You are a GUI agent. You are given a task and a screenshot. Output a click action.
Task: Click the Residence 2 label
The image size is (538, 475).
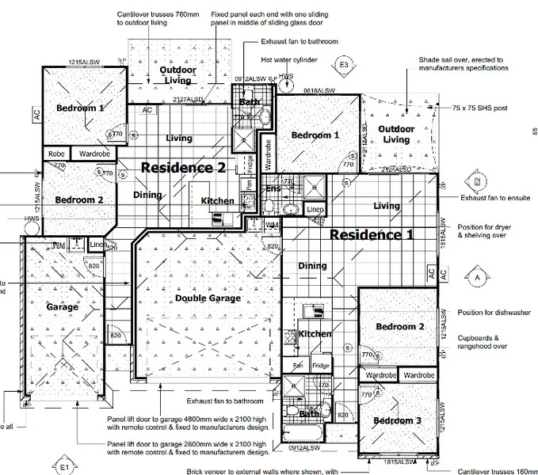(183, 167)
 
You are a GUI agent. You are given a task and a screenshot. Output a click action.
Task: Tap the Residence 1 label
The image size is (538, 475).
(372, 234)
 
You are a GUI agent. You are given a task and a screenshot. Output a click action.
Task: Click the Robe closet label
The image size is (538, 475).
(55, 154)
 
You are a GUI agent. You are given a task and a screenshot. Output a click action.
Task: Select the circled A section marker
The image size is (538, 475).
(477, 278)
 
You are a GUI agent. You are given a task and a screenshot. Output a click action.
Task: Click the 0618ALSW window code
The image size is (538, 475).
(320, 91)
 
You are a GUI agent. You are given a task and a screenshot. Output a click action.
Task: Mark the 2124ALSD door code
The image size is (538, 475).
(394, 169)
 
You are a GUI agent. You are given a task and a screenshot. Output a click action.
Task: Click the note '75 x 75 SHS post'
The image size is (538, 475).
(479, 108)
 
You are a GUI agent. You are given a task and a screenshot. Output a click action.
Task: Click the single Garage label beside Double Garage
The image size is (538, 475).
(62, 307)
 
